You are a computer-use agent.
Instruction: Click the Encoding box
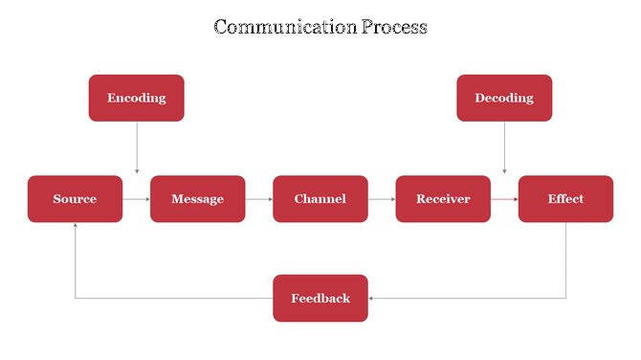(x=136, y=98)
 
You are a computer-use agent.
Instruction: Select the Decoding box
(x=504, y=98)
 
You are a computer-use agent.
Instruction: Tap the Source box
(x=75, y=199)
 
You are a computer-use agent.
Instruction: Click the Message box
(x=197, y=199)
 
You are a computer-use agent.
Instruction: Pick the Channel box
(x=320, y=199)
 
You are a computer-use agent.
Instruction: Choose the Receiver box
(x=443, y=199)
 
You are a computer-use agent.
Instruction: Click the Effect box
(x=565, y=199)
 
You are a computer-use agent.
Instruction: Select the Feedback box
(x=320, y=298)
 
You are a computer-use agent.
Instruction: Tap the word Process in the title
(x=394, y=26)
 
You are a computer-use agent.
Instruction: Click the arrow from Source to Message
(x=136, y=199)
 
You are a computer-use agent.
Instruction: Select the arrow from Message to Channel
(x=258, y=199)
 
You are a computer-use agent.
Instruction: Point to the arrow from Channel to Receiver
(x=382, y=199)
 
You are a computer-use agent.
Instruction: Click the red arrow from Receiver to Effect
(x=504, y=199)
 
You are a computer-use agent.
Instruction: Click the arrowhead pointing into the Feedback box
(x=372, y=298)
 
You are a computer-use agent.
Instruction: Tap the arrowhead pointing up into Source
(x=75, y=227)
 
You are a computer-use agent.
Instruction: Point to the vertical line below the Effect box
(x=565, y=259)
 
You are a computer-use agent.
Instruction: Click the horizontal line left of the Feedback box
(x=172, y=298)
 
